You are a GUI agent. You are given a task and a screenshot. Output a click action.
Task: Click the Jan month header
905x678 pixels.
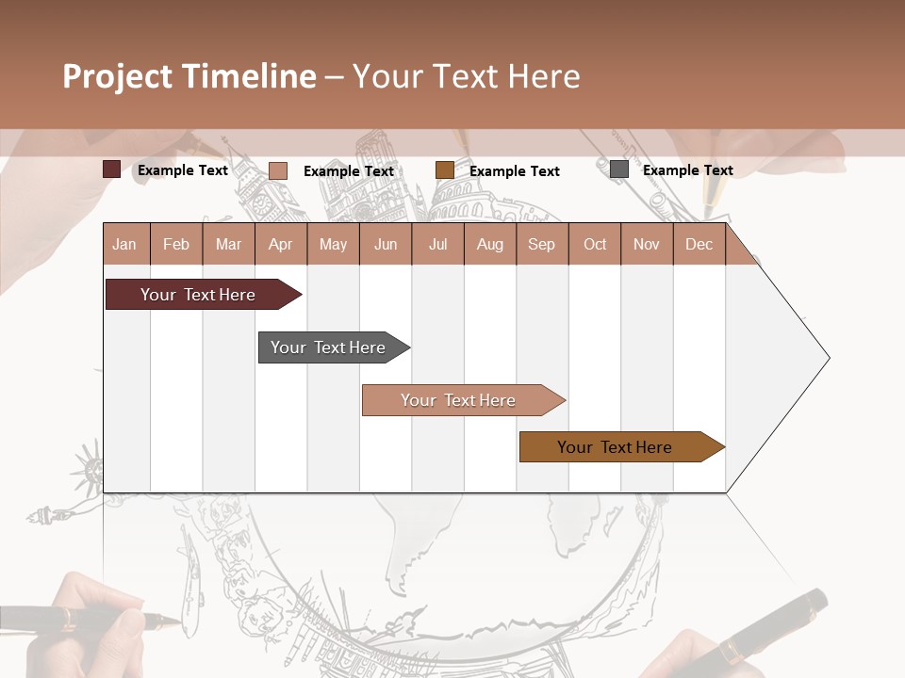(x=124, y=244)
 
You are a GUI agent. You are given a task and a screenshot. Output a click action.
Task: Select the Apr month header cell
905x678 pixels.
(x=280, y=244)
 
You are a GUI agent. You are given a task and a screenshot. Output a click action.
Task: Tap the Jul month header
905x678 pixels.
(x=437, y=244)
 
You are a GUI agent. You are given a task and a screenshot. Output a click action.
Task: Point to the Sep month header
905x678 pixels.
(x=541, y=244)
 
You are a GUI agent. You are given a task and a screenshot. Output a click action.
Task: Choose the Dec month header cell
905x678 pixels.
(x=699, y=244)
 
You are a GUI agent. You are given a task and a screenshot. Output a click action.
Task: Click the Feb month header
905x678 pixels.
(x=176, y=244)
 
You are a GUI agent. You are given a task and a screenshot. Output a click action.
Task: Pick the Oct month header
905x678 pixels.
(x=595, y=244)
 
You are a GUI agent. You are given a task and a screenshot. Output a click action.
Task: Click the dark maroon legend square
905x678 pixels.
(x=112, y=169)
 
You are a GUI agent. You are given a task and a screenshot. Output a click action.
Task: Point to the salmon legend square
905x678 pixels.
(x=278, y=170)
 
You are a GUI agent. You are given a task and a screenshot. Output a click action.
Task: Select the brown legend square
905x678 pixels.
(x=445, y=170)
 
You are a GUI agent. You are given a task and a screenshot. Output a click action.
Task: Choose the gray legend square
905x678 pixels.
(x=619, y=169)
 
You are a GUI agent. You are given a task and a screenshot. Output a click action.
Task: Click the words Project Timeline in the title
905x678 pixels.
(x=189, y=76)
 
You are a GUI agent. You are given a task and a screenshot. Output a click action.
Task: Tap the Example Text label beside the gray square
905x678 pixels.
(x=687, y=170)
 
